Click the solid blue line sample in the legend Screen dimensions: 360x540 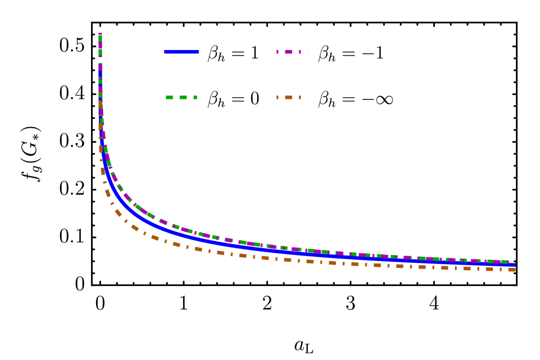point(181,52)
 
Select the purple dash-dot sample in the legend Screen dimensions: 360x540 point(289,52)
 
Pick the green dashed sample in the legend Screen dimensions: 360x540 point(181,97)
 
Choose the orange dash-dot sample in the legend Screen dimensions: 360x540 point(289,97)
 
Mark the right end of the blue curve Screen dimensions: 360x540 point(515,264)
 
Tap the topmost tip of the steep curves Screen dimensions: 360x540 point(100,34)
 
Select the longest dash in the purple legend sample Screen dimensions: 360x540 point(289,52)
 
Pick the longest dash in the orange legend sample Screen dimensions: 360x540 point(289,97)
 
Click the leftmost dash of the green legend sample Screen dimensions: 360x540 point(169,97)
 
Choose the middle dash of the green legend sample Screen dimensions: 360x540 point(183,97)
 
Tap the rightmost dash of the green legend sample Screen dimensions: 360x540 point(195,97)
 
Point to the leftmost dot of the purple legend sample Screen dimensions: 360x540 point(277,52)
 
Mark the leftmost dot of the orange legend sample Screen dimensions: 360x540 point(277,97)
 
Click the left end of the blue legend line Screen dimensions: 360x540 point(164,52)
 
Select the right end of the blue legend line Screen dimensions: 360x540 point(198,52)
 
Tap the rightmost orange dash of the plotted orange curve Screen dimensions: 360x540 point(512,269)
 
